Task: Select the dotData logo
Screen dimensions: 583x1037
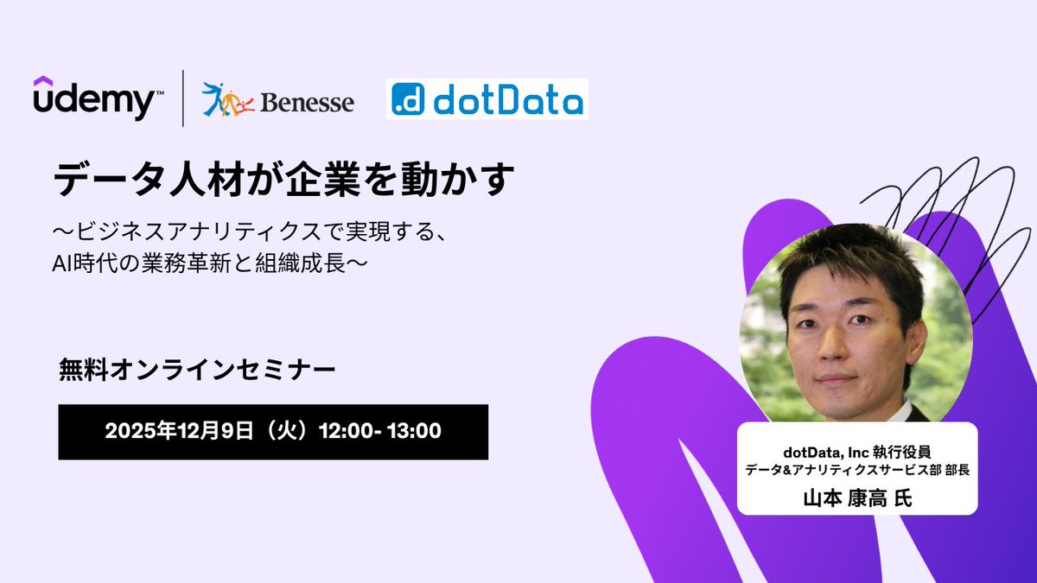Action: (487, 99)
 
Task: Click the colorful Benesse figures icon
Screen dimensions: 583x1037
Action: (222, 99)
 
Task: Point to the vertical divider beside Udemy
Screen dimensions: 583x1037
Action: (182, 98)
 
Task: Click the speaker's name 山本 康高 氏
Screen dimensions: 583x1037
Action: (856, 497)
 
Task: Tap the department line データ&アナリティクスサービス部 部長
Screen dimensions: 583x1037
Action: (856, 471)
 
